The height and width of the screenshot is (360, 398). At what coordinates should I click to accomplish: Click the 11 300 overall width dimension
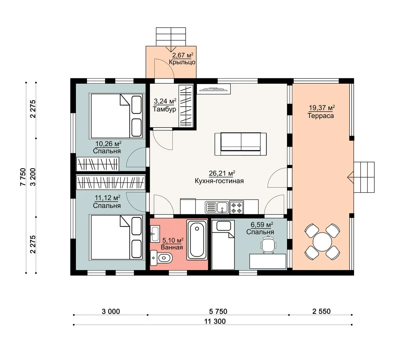tap(215, 321)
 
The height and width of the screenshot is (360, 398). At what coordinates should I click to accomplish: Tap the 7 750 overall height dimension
tap(23, 177)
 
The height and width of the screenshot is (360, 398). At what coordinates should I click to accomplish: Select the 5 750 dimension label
tap(218, 311)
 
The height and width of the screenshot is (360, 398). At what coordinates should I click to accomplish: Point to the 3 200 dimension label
tap(33, 177)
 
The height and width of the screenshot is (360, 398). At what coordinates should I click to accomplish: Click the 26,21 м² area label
tap(222, 173)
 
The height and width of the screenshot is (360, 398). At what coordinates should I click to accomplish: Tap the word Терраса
tap(321, 116)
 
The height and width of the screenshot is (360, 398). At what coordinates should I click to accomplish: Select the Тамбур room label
tap(164, 109)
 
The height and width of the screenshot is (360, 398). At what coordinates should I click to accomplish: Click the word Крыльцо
tap(182, 62)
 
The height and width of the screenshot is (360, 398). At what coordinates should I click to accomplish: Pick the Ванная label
tap(172, 247)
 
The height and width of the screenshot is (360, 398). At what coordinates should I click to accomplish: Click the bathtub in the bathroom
tap(197, 240)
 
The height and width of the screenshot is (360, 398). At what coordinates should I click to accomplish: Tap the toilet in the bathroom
tap(161, 258)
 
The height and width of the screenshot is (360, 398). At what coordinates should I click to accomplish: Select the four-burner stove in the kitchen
tap(237, 207)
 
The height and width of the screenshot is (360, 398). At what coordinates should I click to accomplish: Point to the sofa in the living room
tap(240, 144)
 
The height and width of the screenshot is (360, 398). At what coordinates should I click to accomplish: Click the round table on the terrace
tap(322, 242)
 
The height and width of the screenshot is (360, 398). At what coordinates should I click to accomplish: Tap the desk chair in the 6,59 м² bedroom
tap(268, 244)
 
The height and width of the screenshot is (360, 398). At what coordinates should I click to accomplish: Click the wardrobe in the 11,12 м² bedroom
tap(111, 182)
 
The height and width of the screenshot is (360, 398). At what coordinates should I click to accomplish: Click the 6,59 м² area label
tap(262, 225)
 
